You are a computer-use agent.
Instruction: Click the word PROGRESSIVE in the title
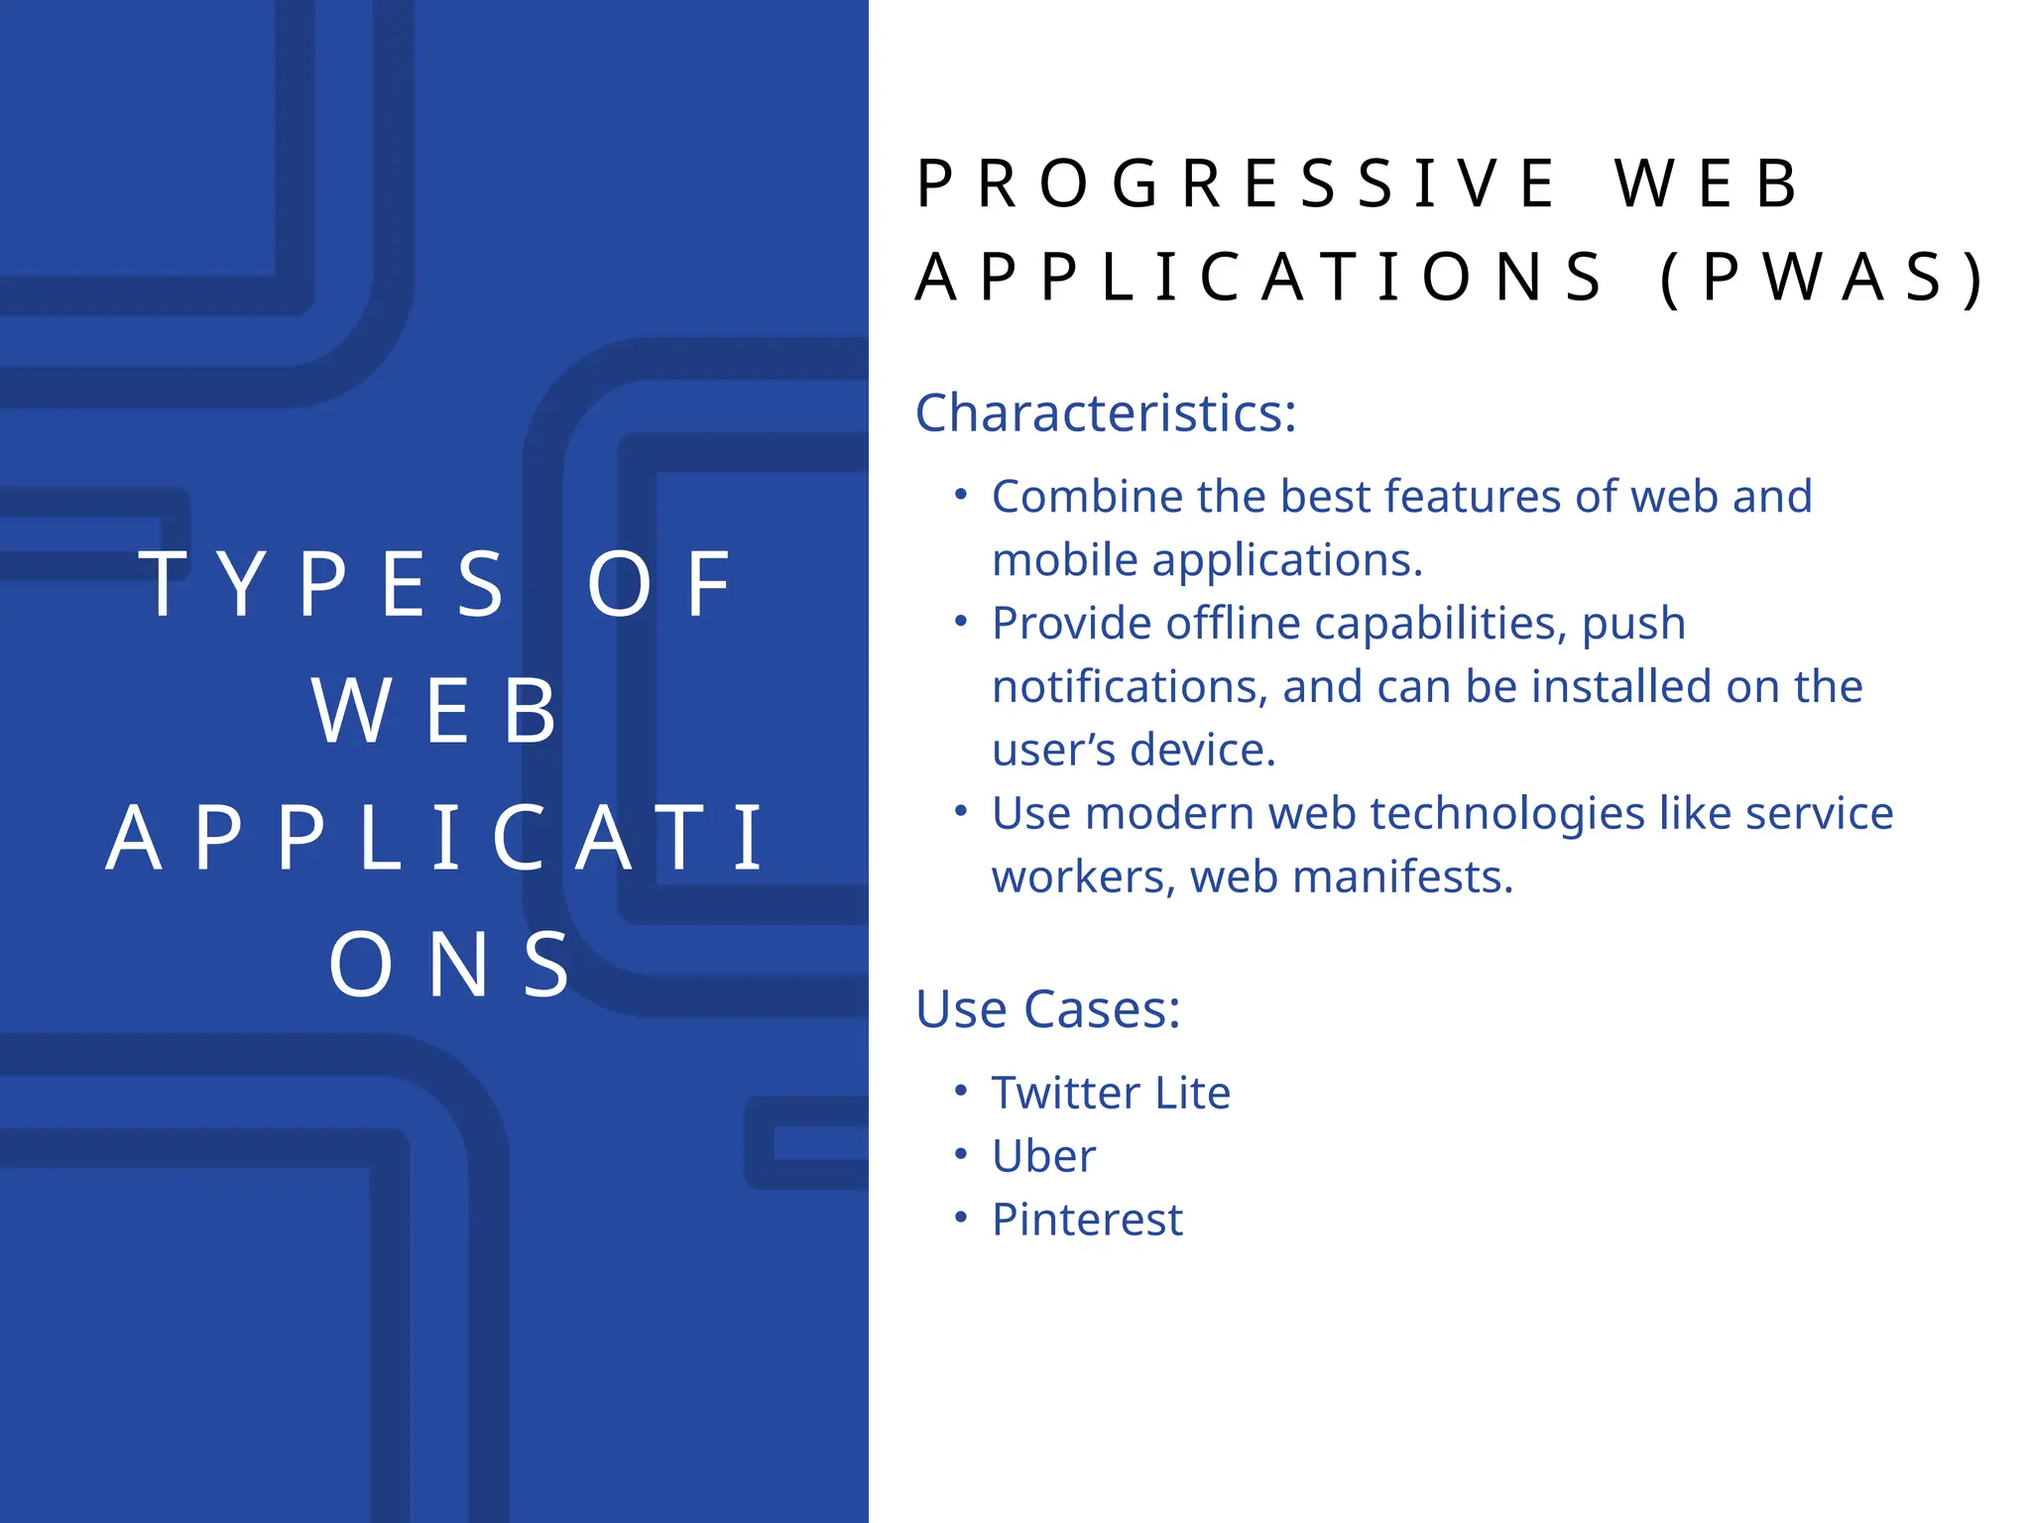(x=1235, y=184)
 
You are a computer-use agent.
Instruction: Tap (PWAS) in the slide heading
(x=1822, y=278)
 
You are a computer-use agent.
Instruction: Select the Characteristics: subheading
(x=1105, y=412)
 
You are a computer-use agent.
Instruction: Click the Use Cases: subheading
(x=1047, y=1009)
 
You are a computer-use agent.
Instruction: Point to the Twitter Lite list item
(x=1111, y=1093)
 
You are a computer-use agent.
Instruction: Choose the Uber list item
(x=1043, y=1156)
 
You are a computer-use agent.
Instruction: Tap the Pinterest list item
(x=1087, y=1220)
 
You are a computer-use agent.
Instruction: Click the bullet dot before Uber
(x=960, y=1154)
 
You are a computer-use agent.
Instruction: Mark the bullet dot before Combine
(x=960, y=494)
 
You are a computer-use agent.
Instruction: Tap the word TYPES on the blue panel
(x=322, y=585)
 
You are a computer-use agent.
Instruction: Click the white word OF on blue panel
(x=659, y=585)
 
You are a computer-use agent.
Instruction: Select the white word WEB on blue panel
(x=435, y=711)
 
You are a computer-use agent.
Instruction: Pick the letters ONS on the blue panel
(x=451, y=965)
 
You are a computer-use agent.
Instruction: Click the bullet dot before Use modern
(x=960, y=811)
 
